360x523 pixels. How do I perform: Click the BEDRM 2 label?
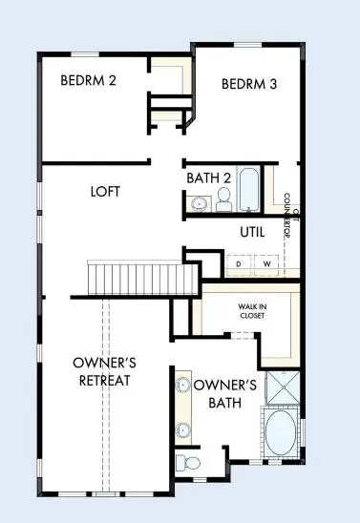coord(88,80)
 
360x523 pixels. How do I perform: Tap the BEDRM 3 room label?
coord(249,84)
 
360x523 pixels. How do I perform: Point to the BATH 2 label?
coord(209,177)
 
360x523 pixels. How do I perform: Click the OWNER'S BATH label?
coord(225,393)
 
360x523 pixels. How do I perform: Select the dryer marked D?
coord(238,263)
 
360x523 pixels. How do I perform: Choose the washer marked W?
coord(266,263)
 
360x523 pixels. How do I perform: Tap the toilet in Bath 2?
coord(224,199)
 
